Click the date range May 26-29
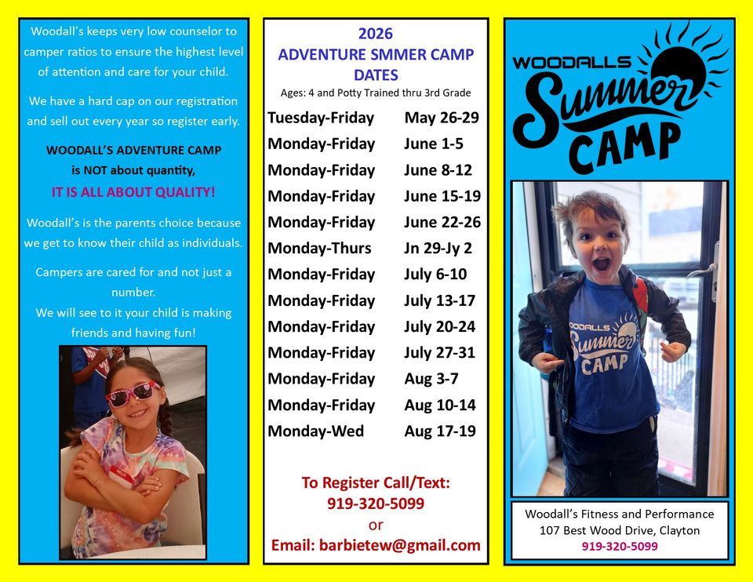pos(441,118)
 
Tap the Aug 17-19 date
pos(439,431)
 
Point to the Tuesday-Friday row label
pos(321,118)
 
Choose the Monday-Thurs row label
pos(319,248)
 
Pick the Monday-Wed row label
pos(315,431)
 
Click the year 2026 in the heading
pos(376,34)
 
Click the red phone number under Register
pos(376,504)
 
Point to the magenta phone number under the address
pos(620,547)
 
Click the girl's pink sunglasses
pos(133,393)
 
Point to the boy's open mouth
pos(600,264)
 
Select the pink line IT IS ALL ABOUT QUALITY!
pos(133,191)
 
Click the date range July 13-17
pos(439,300)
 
